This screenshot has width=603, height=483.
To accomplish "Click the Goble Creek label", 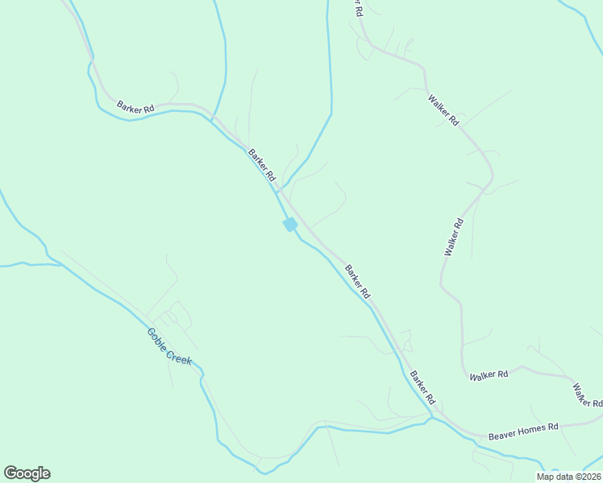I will [x=169, y=347].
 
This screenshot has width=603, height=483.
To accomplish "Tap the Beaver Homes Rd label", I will [x=523, y=431].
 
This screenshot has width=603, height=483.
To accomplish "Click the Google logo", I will [x=27, y=473].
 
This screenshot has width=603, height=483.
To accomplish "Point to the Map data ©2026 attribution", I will [x=568, y=477].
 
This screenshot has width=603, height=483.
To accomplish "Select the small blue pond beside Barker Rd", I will [x=289, y=225].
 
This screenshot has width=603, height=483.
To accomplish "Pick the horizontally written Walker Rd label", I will [x=489, y=374].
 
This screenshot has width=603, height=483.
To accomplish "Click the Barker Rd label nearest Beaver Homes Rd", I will [x=422, y=387].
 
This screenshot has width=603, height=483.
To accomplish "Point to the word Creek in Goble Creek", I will [x=179, y=354].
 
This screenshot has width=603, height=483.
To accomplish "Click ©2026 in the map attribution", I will [x=585, y=477].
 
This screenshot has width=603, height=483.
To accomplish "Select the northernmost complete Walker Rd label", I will [x=443, y=110].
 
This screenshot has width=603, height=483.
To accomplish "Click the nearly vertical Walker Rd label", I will [x=454, y=237].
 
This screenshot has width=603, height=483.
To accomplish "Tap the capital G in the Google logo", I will [x=10, y=473].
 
